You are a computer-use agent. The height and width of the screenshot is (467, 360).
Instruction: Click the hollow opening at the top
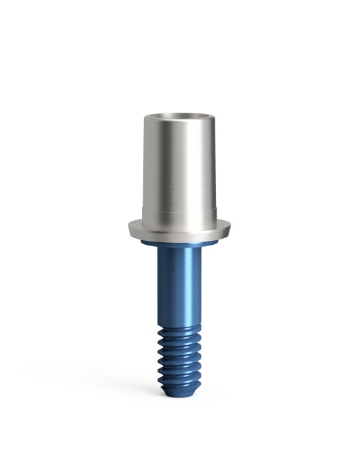click(x=181, y=118)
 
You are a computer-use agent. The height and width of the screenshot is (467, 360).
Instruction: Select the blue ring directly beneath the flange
click(x=180, y=245)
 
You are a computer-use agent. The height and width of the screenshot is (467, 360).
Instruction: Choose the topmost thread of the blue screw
click(x=181, y=332)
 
